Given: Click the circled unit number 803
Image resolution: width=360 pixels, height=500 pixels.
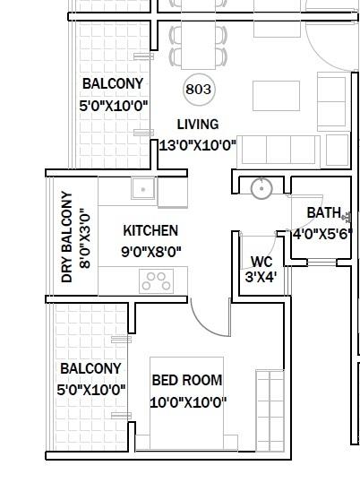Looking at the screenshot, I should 198,90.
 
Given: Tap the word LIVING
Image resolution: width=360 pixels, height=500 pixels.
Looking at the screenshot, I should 197,125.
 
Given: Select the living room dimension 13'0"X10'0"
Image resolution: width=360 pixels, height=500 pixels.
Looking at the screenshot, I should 197,145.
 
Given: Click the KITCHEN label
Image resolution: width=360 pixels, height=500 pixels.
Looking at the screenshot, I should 150,230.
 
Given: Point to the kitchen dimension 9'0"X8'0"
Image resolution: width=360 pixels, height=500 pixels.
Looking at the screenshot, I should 151,252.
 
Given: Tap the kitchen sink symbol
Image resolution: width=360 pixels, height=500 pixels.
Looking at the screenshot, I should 141,189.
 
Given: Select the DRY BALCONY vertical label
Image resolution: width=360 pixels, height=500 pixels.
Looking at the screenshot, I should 66,237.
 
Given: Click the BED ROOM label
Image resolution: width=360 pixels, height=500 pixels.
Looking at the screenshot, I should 186,380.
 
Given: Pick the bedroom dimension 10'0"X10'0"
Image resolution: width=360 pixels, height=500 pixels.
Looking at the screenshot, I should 187,402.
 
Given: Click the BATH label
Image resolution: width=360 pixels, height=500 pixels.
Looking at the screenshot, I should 323,213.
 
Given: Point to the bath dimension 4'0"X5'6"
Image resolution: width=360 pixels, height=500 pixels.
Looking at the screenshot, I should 322,235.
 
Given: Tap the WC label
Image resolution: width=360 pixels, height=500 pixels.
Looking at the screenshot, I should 261,262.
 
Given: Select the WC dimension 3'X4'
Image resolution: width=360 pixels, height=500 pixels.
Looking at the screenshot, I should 261,277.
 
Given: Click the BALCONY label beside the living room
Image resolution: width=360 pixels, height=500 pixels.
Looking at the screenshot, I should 113,85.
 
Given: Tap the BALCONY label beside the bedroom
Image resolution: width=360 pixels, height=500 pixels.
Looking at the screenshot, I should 90,368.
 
